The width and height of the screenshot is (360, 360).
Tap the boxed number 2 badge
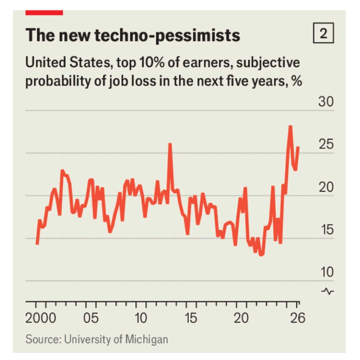pos(324,34)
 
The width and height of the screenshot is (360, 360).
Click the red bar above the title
pos(44,12)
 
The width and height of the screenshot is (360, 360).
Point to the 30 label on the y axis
pos(326,103)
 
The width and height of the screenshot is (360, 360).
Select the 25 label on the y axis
pos(326,145)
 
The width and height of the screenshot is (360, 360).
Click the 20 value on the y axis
pos(326,188)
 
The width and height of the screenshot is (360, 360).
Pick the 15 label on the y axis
pos(326,231)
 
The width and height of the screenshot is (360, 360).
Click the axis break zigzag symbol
pos(328,291)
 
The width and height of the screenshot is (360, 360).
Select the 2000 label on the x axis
pos(41,318)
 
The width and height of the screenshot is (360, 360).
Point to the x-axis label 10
pos(141,318)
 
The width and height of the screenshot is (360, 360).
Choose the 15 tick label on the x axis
pos(191,318)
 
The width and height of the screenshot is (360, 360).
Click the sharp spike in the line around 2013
pos(170,144)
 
